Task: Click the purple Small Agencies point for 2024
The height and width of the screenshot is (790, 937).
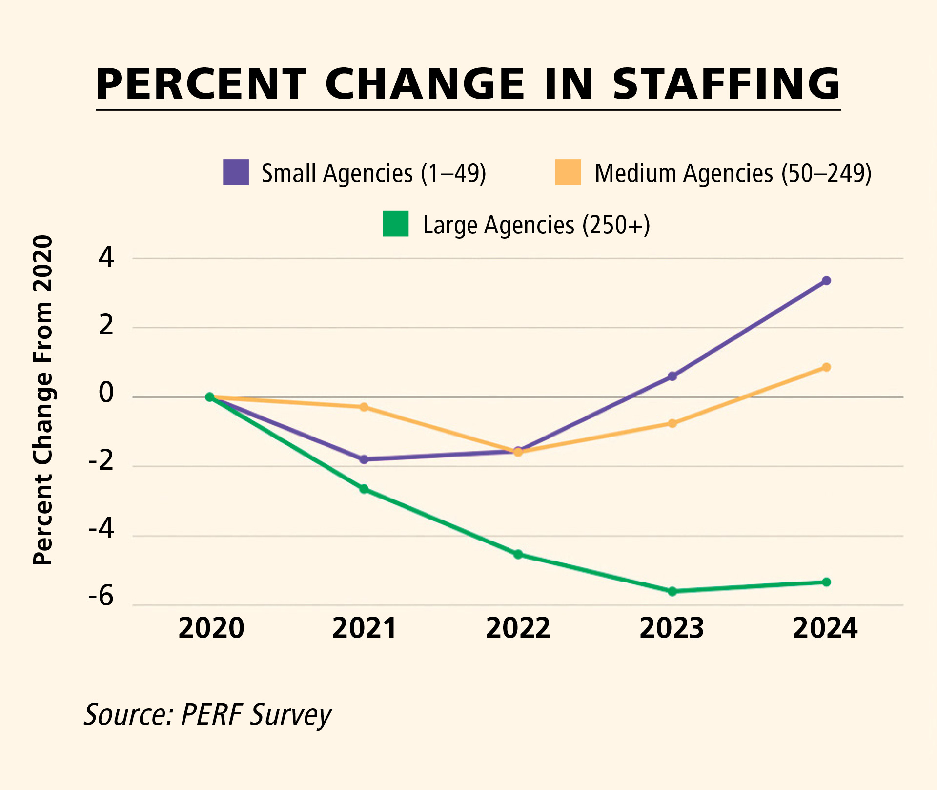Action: point(826,281)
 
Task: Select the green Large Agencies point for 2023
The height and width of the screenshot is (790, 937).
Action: point(672,591)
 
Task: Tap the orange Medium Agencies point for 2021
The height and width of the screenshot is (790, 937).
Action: point(364,407)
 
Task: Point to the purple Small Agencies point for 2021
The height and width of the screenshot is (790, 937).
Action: point(364,459)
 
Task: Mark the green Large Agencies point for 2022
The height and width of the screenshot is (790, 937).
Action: point(518,555)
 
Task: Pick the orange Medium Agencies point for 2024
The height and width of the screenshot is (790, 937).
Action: point(826,368)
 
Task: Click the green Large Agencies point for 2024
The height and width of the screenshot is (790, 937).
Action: point(826,582)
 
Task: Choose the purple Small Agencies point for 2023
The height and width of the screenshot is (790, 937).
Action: point(672,376)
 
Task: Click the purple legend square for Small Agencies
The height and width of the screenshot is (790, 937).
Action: point(236,172)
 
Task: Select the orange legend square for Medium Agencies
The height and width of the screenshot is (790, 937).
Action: point(568,172)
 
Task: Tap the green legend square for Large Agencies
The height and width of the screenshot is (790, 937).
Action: point(396,224)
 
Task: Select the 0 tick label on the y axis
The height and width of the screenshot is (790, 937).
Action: point(106,393)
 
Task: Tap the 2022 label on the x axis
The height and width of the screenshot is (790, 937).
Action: point(518,628)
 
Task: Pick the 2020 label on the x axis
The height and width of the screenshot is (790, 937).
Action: point(211,628)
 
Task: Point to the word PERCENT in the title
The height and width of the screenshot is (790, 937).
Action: point(201,84)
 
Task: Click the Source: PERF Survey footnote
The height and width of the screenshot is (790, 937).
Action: point(208,715)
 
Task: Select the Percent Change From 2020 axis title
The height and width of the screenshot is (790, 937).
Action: point(43,400)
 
